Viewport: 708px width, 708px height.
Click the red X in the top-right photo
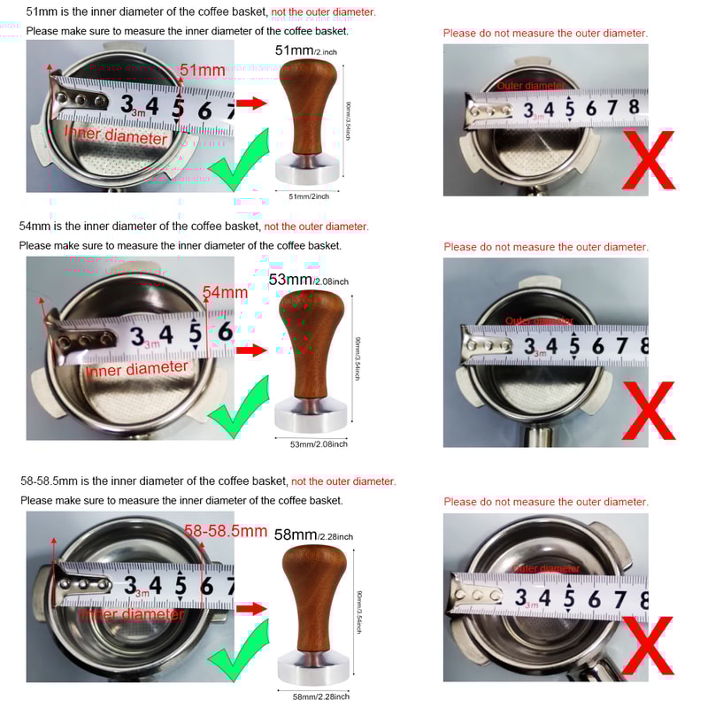(648, 160)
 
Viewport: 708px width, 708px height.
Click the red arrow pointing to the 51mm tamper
(250, 104)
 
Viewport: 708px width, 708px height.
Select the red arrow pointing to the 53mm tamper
(250, 350)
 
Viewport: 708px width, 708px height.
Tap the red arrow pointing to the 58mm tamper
(250, 609)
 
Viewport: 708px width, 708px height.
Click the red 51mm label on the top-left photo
(203, 70)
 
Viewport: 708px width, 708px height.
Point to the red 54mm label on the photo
(225, 292)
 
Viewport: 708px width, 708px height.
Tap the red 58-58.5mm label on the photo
(226, 531)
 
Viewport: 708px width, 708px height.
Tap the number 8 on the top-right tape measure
(634, 106)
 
